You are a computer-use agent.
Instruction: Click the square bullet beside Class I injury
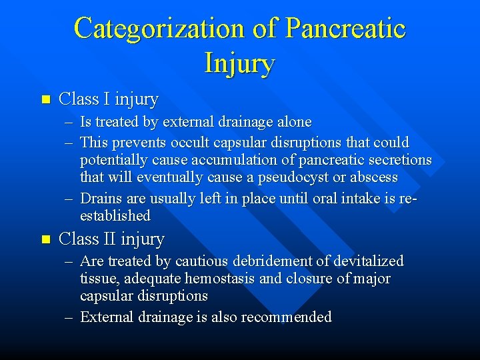coord(45,100)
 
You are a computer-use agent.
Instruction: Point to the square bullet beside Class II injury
coord(45,239)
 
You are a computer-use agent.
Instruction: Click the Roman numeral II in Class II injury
coord(109,239)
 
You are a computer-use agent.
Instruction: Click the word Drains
coord(101,199)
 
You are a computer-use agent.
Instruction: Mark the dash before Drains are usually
coord(69,199)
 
